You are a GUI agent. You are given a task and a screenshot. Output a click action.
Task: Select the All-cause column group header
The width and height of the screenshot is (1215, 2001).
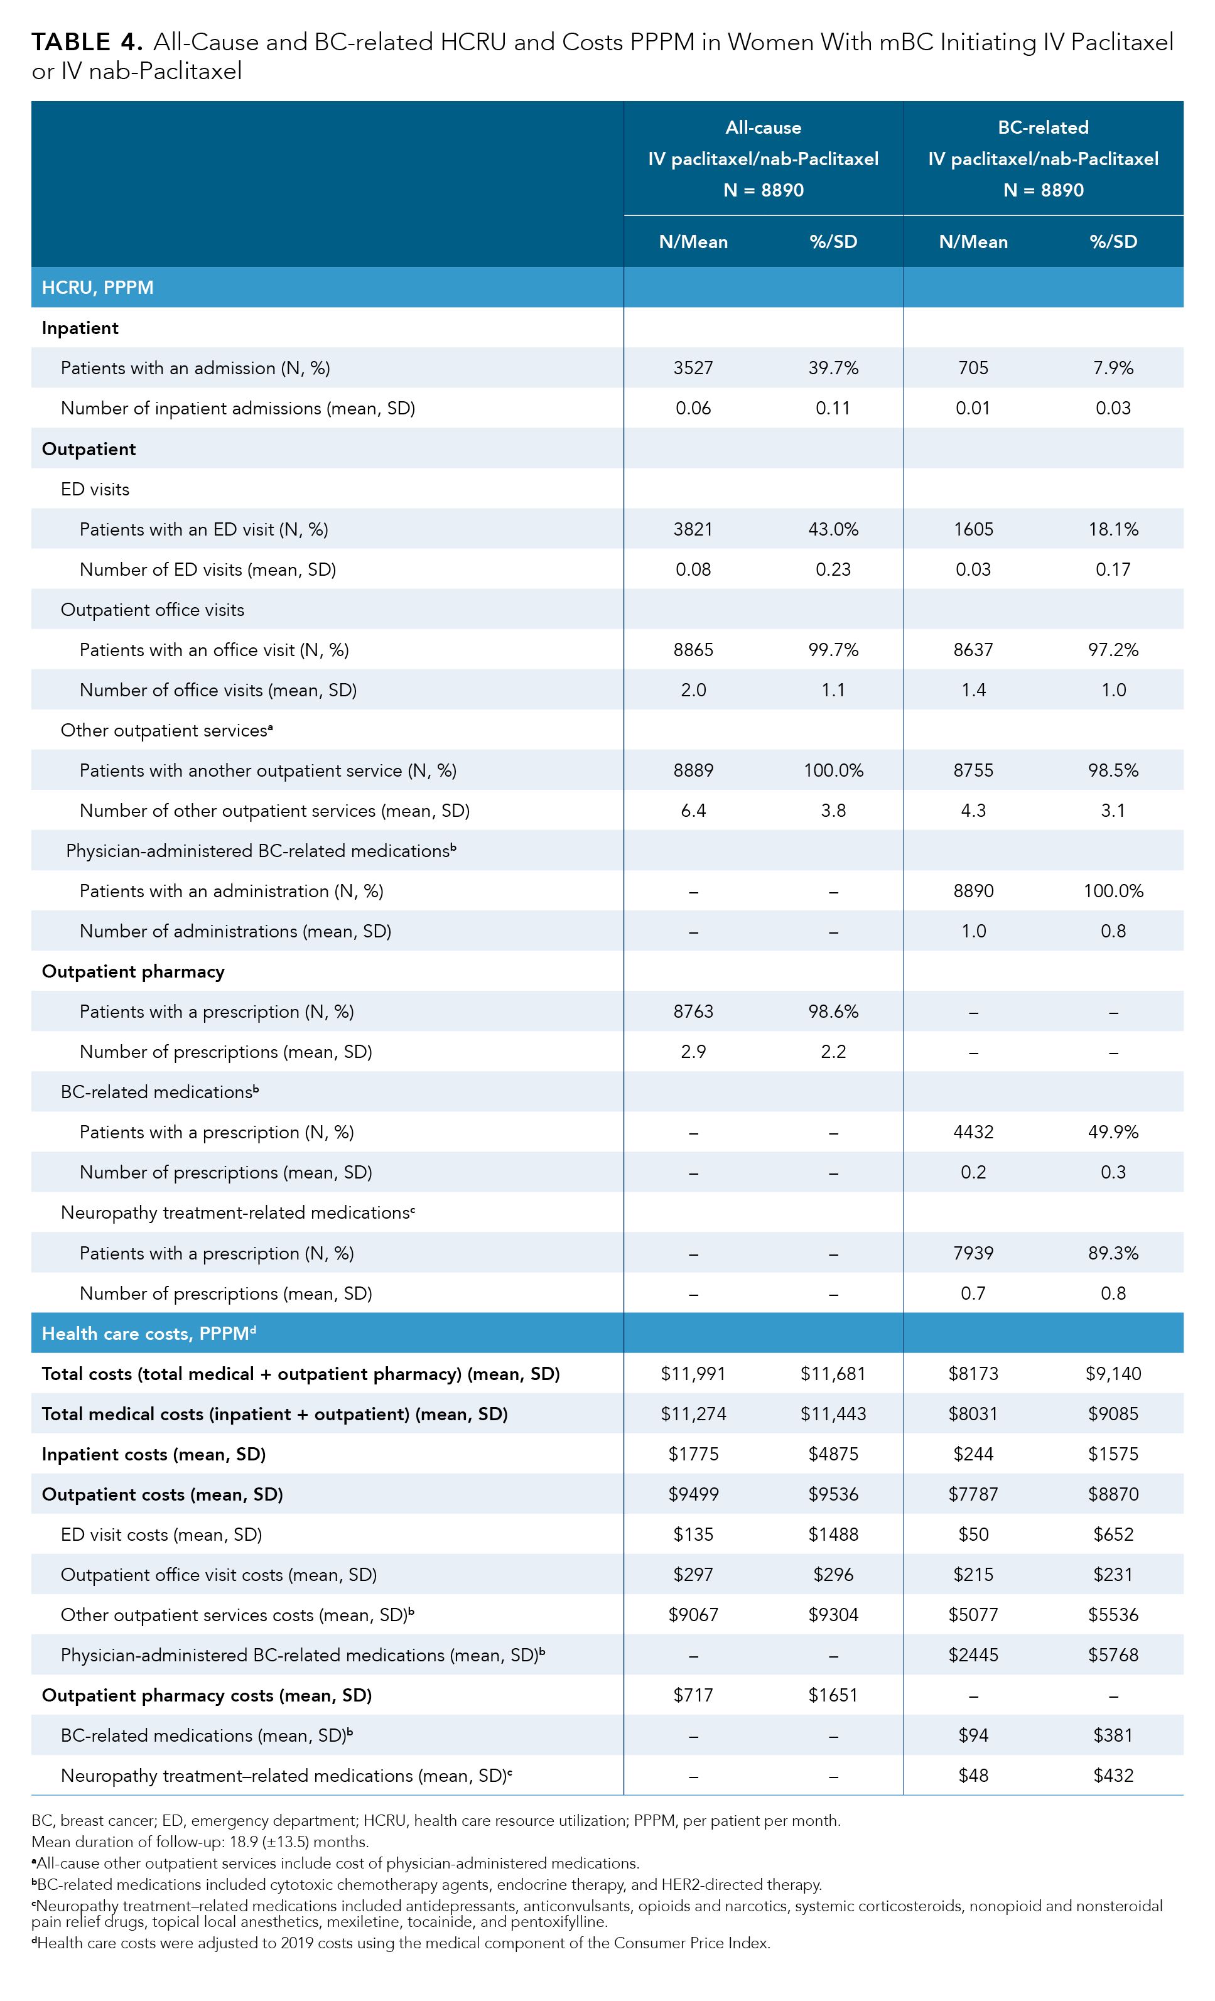click(763, 158)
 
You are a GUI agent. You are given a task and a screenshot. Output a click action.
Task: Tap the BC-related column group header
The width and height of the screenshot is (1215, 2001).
click(1043, 158)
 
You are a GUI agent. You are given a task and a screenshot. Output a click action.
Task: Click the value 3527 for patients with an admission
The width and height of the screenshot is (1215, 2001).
click(693, 368)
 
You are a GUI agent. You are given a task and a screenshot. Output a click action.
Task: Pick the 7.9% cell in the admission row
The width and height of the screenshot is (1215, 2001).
click(1113, 368)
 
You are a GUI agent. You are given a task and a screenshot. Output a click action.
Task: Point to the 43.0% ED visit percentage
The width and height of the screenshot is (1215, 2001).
click(833, 529)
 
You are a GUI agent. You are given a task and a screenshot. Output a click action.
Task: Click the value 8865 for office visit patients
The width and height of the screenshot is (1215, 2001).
click(693, 650)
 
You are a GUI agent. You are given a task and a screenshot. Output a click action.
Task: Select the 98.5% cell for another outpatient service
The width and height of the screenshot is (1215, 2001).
click(1113, 770)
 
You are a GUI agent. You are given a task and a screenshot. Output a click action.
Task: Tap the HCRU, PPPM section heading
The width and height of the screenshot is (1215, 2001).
click(97, 288)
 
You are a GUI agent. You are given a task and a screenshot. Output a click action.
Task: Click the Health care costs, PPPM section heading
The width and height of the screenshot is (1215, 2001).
click(148, 1334)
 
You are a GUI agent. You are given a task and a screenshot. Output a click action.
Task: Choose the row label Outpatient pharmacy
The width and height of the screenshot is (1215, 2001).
click(133, 971)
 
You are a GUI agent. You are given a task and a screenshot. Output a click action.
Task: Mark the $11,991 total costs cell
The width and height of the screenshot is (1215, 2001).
click(693, 1374)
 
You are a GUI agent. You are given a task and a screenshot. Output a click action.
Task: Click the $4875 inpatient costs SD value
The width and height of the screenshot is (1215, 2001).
click(833, 1455)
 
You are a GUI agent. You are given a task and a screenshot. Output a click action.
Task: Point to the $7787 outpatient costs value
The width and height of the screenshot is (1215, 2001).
click(973, 1494)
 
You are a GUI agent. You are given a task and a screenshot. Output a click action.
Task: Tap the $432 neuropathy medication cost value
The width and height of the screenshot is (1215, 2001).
click(1113, 1776)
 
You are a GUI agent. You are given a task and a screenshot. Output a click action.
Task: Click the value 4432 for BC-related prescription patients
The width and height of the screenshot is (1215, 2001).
click(973, 1132)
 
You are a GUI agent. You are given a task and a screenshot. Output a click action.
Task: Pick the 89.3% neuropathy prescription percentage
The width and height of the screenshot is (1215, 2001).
click(1113, 1253)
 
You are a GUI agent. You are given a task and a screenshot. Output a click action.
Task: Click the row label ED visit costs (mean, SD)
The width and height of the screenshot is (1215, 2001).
click(161, 1535)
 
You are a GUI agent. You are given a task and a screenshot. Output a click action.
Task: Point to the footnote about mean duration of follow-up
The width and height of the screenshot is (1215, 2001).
click(200, 1842)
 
